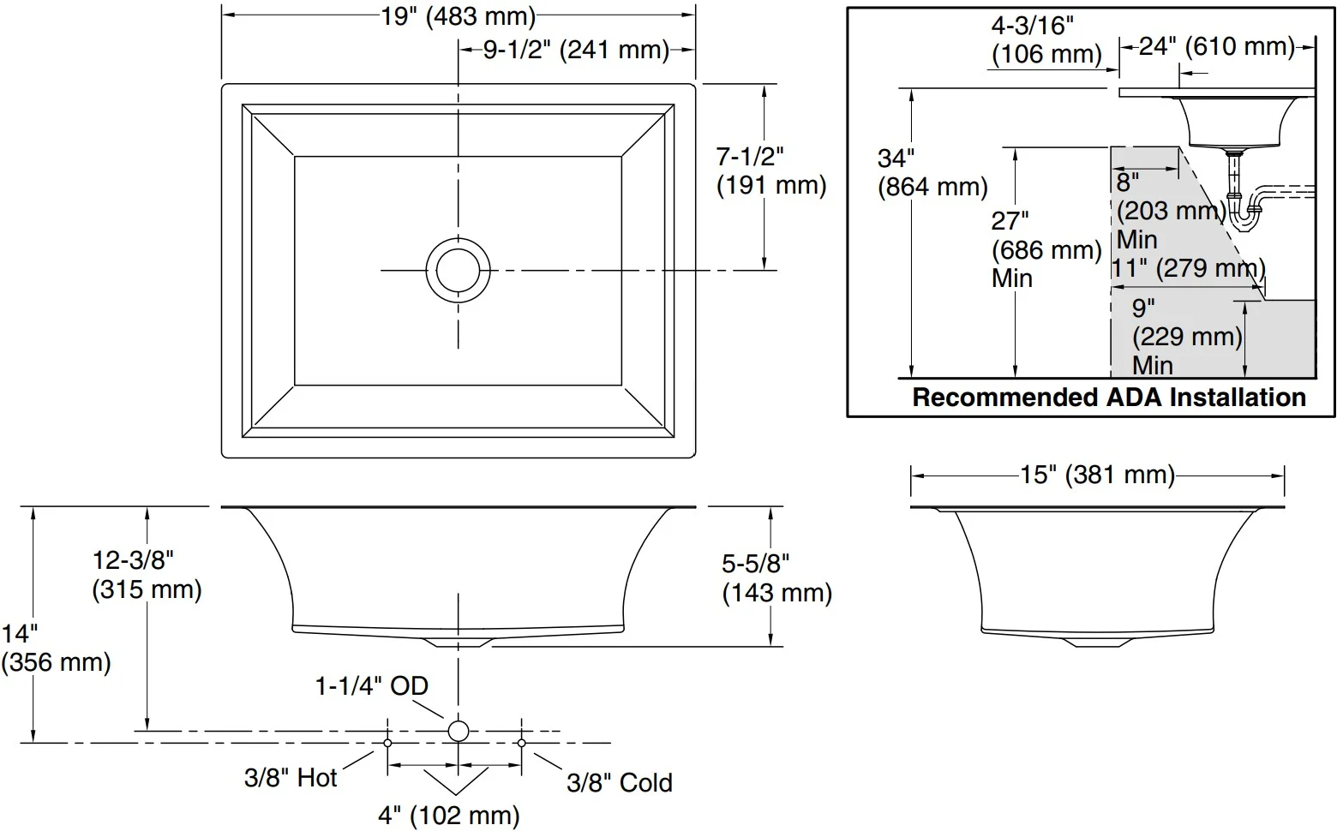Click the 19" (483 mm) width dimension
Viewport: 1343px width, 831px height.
pos(459,16)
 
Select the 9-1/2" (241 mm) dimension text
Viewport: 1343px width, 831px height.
pos(576,50)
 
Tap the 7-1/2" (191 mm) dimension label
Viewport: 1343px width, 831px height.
pos(771,171)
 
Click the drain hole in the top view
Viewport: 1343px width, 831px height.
pos(458,270)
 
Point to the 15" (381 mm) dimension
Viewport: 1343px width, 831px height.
pos(1097,475)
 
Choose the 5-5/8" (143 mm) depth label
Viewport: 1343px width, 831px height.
pos(777,579)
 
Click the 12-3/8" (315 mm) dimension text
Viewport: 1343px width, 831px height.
pos(147,575)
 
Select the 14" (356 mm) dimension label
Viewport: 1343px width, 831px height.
pos(56,649)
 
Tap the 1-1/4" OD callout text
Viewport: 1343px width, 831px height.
pos(372,686)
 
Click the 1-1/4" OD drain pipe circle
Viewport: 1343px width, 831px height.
pos(458,731)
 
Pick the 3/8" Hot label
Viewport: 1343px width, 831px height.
pos(291,778)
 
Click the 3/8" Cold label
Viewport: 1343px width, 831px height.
pos(620,782)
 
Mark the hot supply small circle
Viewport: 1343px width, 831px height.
pos(388,743)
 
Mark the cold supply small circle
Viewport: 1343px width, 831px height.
pos(522,743)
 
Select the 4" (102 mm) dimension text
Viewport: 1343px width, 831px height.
pos(448,816)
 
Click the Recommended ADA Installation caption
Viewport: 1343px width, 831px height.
pos(1109,398)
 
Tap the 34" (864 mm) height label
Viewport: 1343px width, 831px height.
pos(932,172)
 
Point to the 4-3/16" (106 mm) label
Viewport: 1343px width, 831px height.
pos(1046,40)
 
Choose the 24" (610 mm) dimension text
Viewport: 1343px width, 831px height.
pos(1216,47)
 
